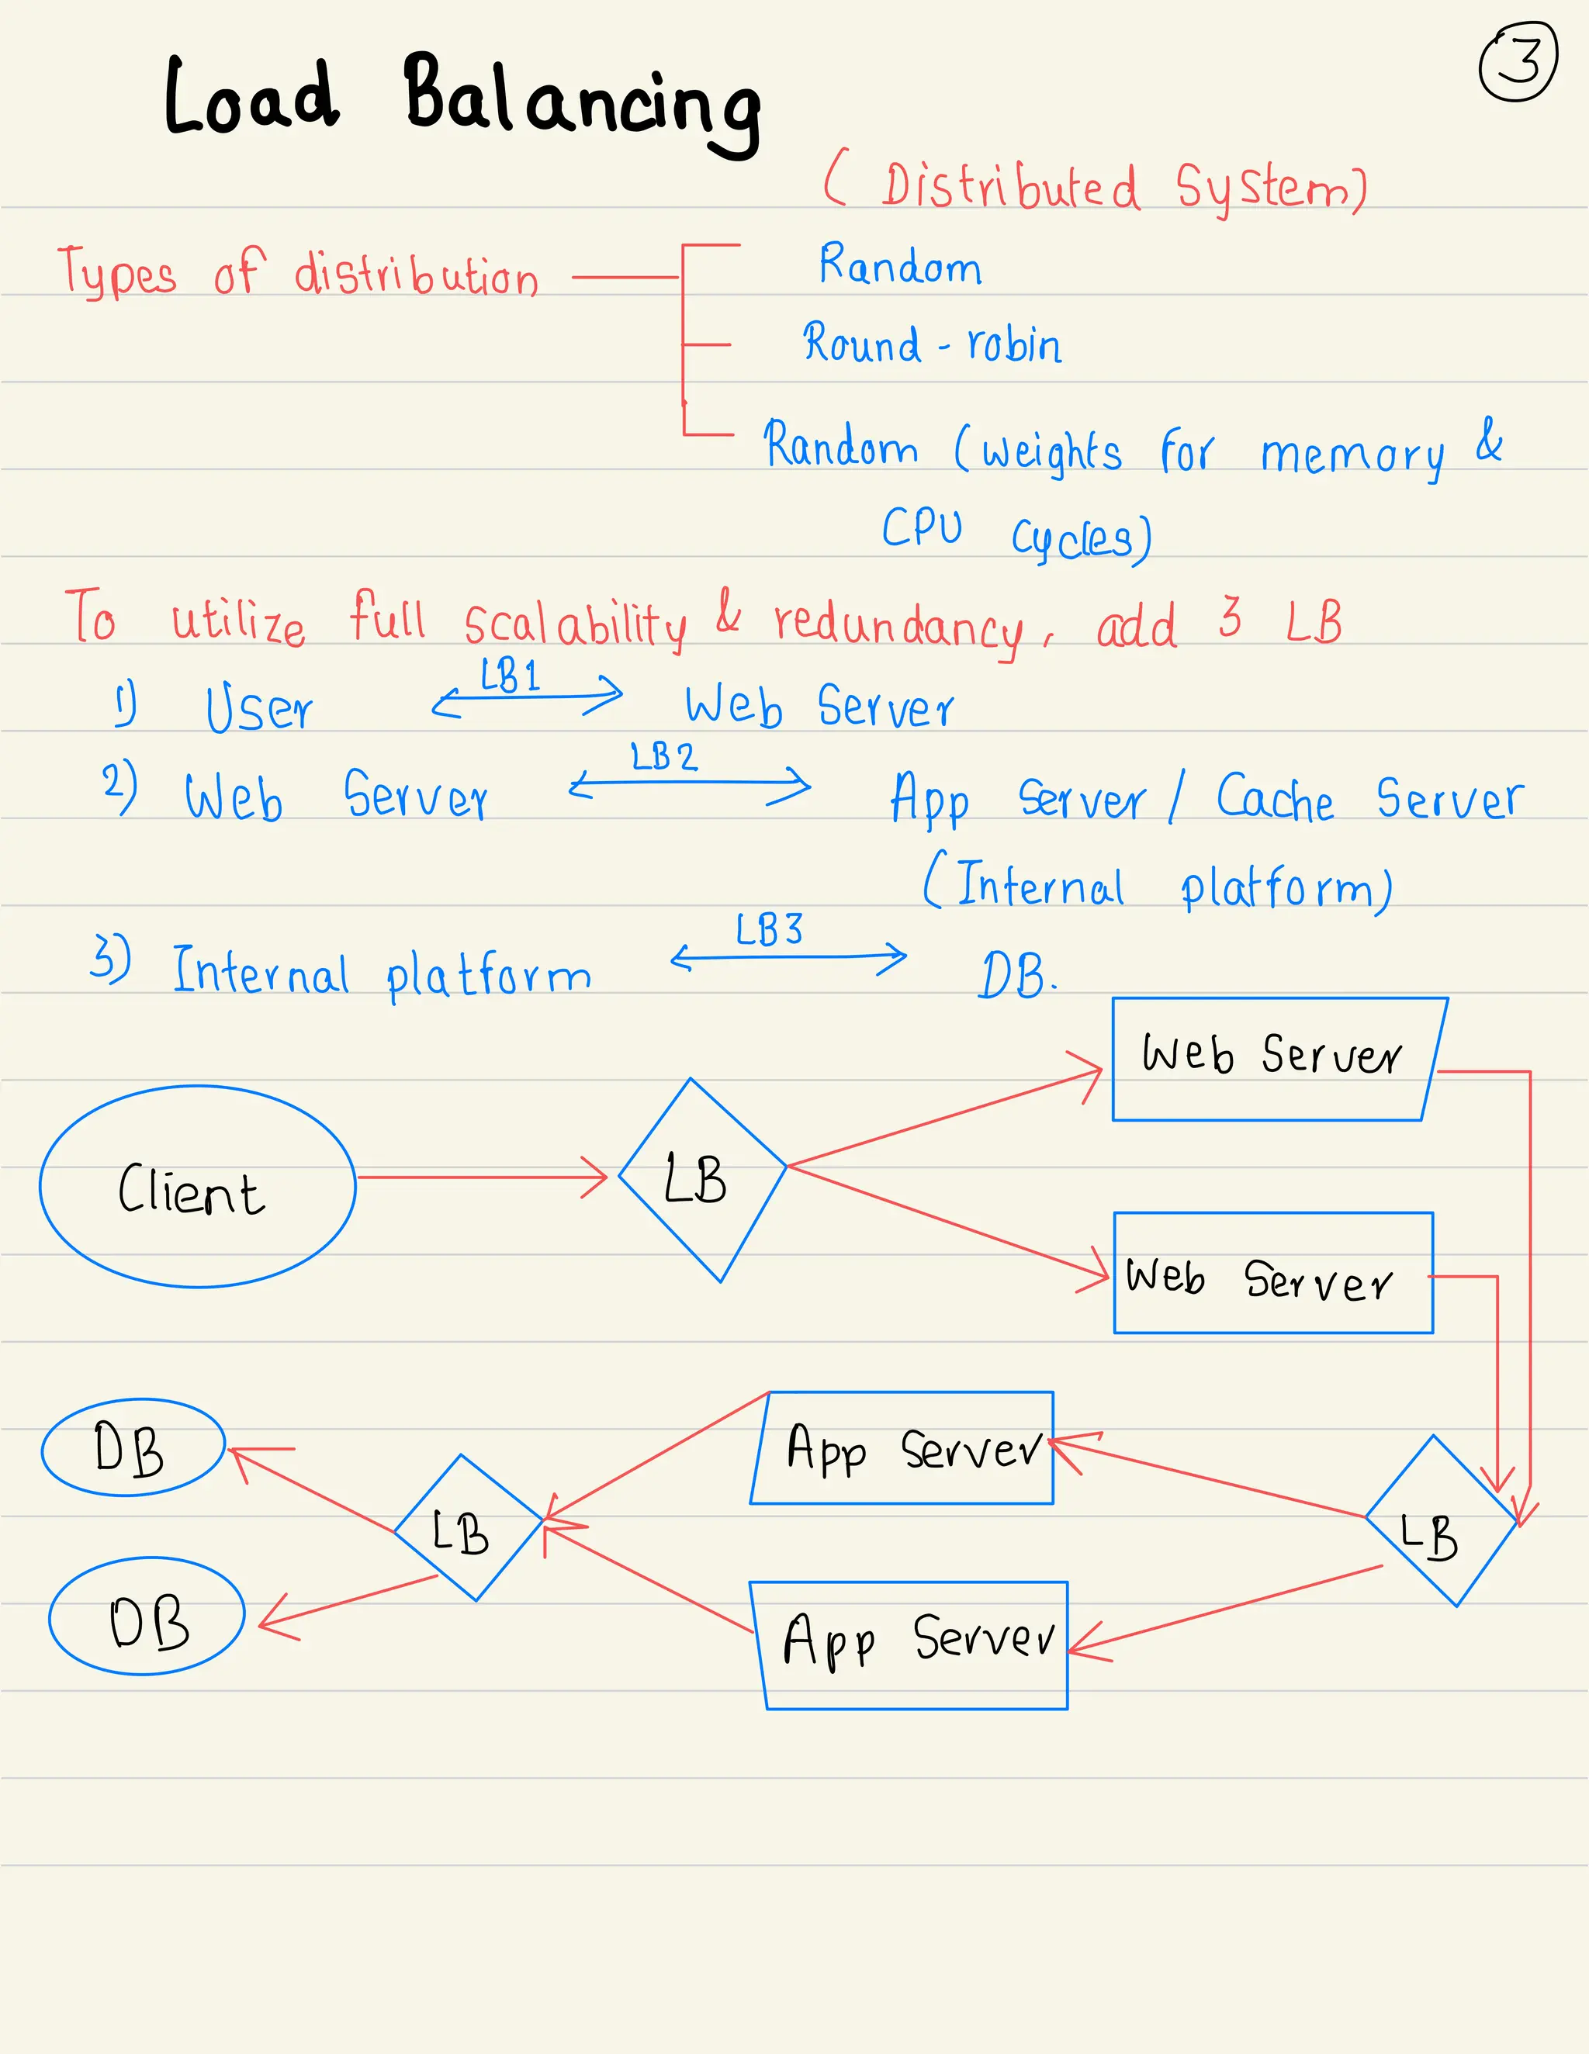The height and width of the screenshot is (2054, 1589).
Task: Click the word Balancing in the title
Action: (583, 103)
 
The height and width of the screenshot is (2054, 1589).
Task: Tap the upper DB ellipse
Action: (132, 1447)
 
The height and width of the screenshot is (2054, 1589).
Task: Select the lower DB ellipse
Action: (147, 1616)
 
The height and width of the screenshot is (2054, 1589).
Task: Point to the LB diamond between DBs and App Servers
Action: (468, 1527)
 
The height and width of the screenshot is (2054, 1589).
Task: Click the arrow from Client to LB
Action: (479, 1177)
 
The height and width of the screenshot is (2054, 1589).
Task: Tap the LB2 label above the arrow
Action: (664, 757)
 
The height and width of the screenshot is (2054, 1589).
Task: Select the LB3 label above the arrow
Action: (770, 930)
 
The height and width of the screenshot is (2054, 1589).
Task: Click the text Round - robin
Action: (931, 344)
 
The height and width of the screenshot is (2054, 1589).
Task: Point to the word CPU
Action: (922, 527)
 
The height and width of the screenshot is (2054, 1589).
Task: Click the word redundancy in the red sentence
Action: (898, 624)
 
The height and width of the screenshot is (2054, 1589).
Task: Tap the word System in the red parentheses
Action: (1270, 187)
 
